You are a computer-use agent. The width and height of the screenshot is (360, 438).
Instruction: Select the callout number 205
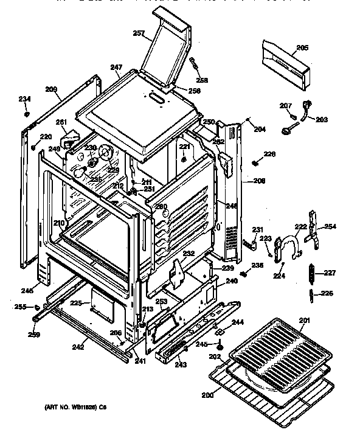coord(302,47)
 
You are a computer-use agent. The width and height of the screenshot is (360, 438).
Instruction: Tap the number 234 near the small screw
coord(24,99)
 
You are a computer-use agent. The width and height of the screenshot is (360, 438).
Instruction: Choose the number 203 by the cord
coord(321,119)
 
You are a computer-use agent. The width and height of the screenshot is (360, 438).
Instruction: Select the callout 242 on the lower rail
coord(78,347)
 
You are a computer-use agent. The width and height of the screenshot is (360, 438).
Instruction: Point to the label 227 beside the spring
coord(329,273)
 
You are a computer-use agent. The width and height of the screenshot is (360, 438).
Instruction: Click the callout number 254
coord(330,226)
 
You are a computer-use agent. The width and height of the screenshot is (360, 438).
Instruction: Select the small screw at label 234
coord(27,113)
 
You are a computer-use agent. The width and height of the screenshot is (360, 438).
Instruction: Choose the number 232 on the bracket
coord(189,253)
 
